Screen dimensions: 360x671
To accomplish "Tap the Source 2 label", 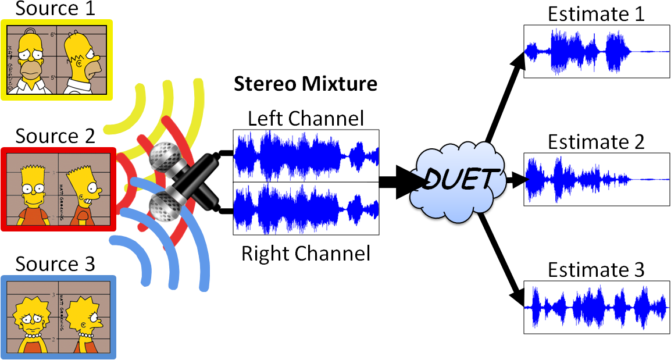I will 55,136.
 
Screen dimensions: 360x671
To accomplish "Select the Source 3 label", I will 55,264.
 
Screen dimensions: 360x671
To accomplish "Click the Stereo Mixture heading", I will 305,84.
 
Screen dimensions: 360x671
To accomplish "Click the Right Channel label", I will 306,254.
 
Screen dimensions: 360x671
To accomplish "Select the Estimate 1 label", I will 596,14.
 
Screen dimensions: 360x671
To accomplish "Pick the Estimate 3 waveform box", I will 596,306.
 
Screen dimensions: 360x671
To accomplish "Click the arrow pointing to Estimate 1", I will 506,92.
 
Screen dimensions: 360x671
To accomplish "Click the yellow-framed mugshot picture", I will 56,60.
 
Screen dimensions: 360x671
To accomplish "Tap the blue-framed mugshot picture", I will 59,317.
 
